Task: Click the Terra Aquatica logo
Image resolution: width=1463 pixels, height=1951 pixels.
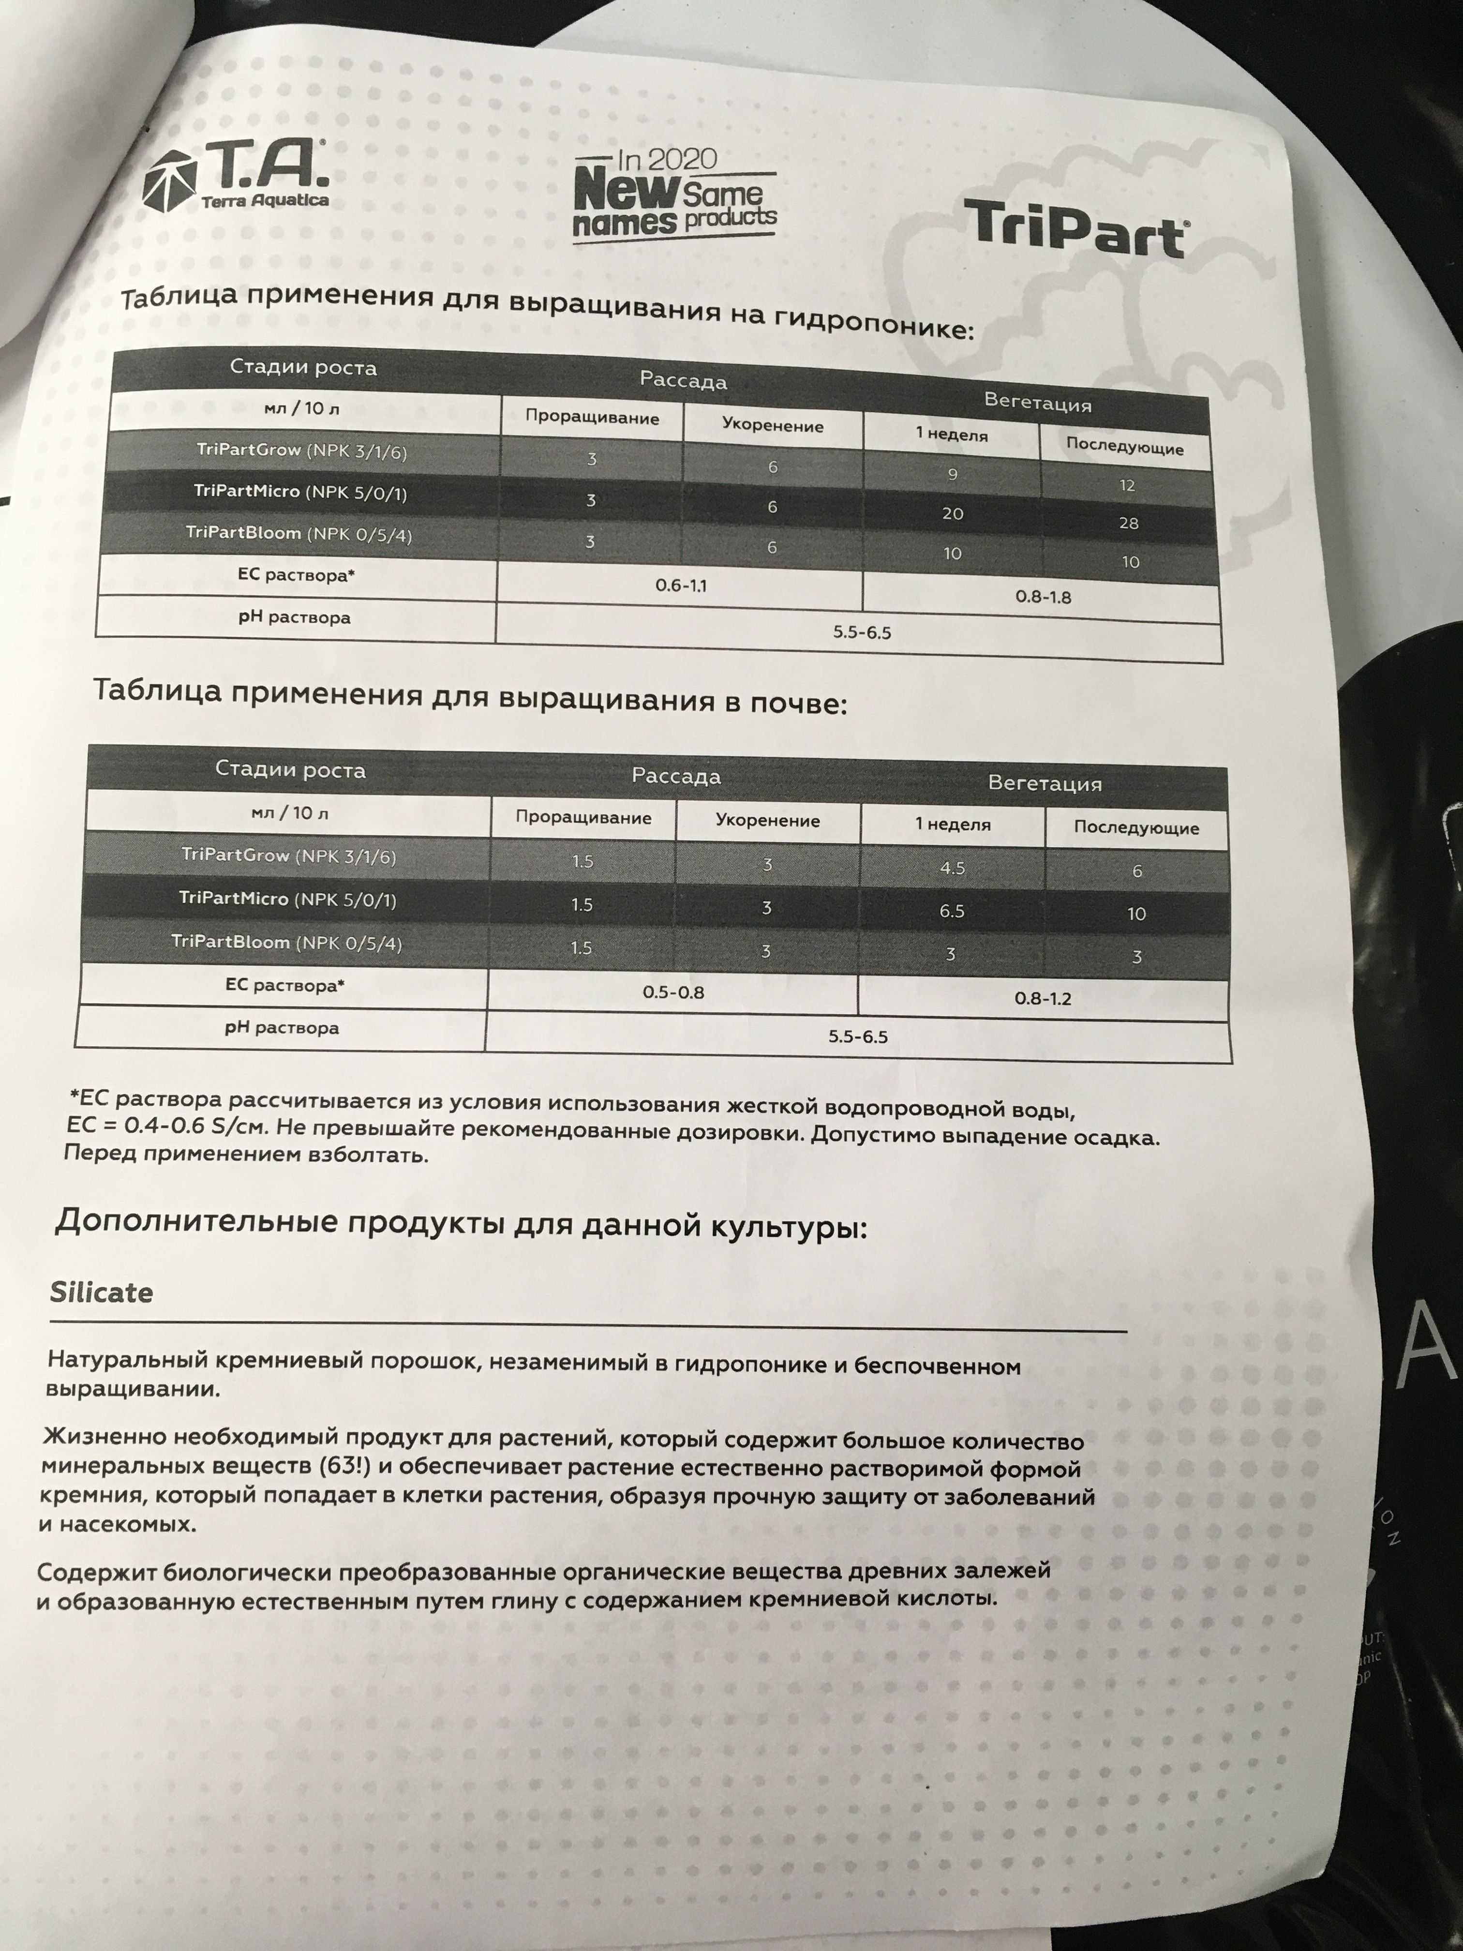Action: click(236, 181)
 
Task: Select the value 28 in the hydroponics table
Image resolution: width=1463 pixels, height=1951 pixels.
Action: click(1129, 523)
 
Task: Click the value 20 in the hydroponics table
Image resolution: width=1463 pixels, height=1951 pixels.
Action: click(953, 513)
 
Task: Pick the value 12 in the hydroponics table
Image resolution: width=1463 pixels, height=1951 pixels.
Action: click(1127, 485)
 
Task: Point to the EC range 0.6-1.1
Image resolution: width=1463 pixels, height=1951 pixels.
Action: click(681, 585)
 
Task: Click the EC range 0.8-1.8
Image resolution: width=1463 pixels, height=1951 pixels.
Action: click(1043, 597)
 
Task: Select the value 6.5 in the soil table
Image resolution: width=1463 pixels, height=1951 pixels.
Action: click(952, 910)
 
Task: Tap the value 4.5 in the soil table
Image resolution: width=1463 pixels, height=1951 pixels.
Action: click(953, 868)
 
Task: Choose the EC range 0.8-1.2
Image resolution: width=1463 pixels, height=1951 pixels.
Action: click(1043, 998)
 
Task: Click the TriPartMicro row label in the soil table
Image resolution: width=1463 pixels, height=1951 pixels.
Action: click(287, 900)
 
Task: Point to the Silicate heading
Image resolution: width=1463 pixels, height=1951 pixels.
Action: click(102, 1293)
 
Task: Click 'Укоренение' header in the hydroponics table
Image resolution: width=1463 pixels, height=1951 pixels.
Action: click(773, 425)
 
